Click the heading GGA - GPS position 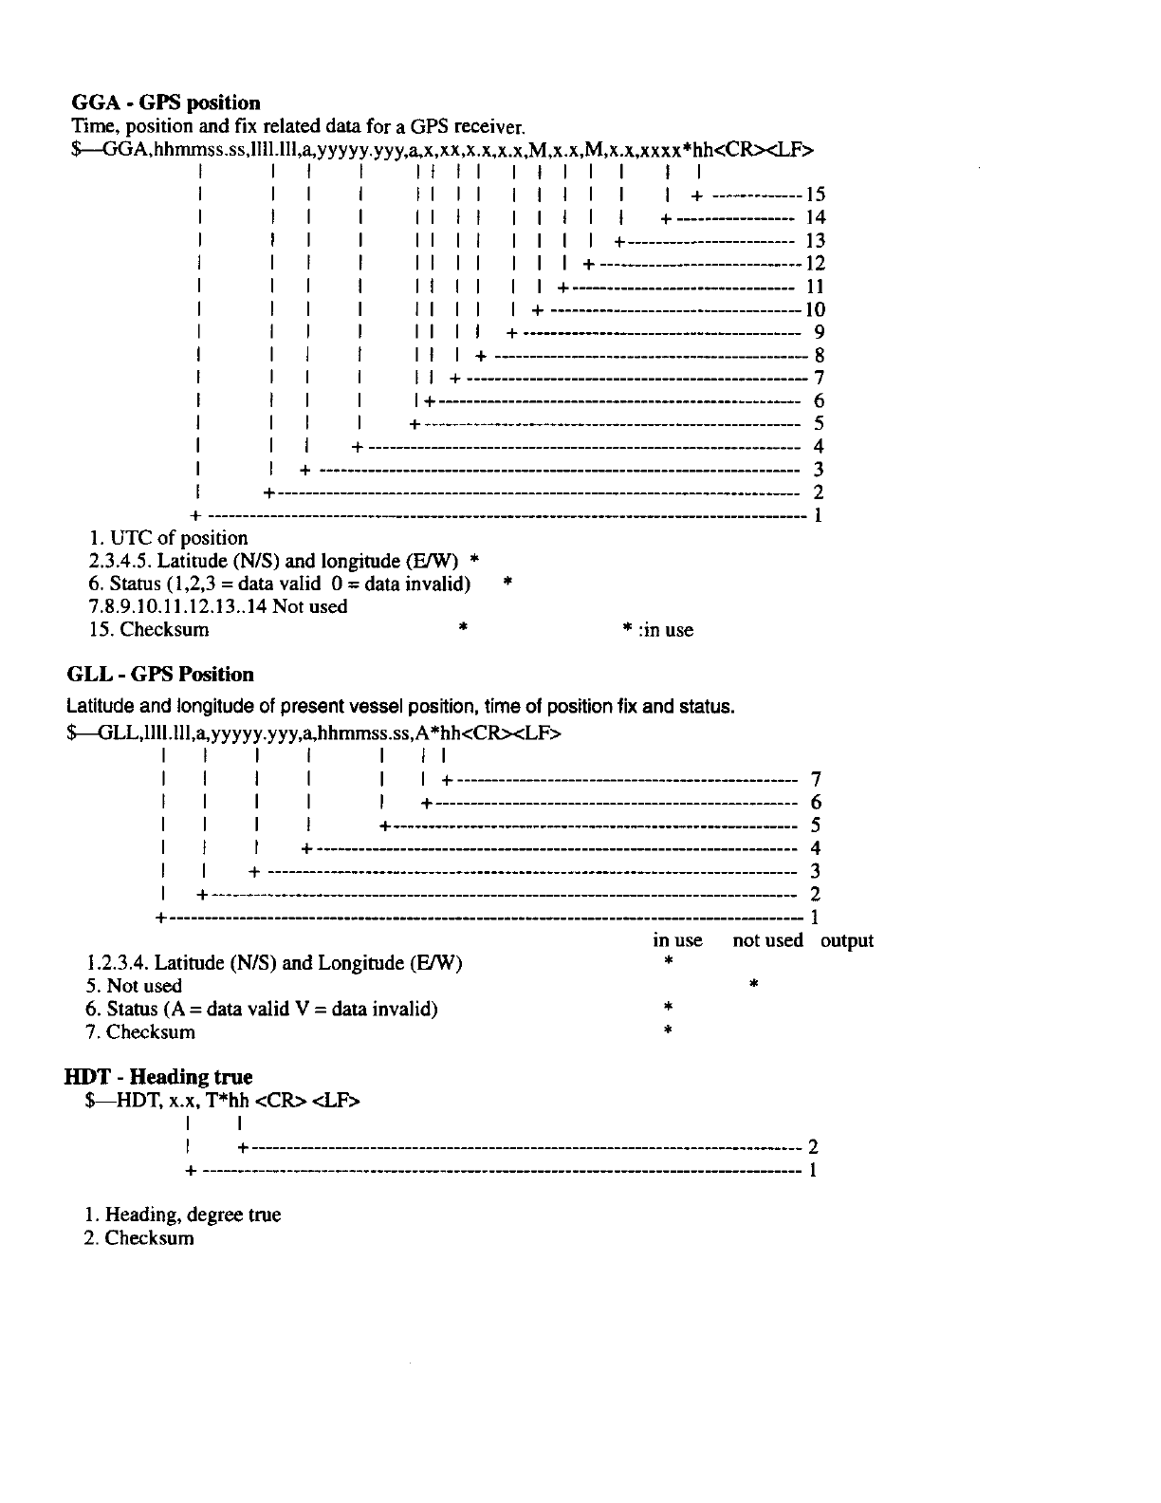tap(166, 102)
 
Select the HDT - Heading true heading tap(158, 1077)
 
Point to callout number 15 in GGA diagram tap(815, 195)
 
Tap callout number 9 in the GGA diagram tap(819, 332)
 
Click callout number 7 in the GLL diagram tap(816, 780)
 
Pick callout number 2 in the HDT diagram tap(812, 1146)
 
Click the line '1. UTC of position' tap(168, 538)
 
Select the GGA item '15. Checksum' tap(148, 629)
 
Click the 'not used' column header tap(767, 940)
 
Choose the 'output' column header tap(846, 940)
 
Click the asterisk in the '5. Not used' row tap(752, 985)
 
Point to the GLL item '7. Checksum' tap(140, 1031)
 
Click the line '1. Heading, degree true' tap(182, 1215)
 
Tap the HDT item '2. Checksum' tap(139, 1237)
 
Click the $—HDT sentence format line tap(224, 1100)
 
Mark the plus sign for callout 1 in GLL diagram tap(160, 918)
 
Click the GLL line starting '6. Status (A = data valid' tap(262, 1009)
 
